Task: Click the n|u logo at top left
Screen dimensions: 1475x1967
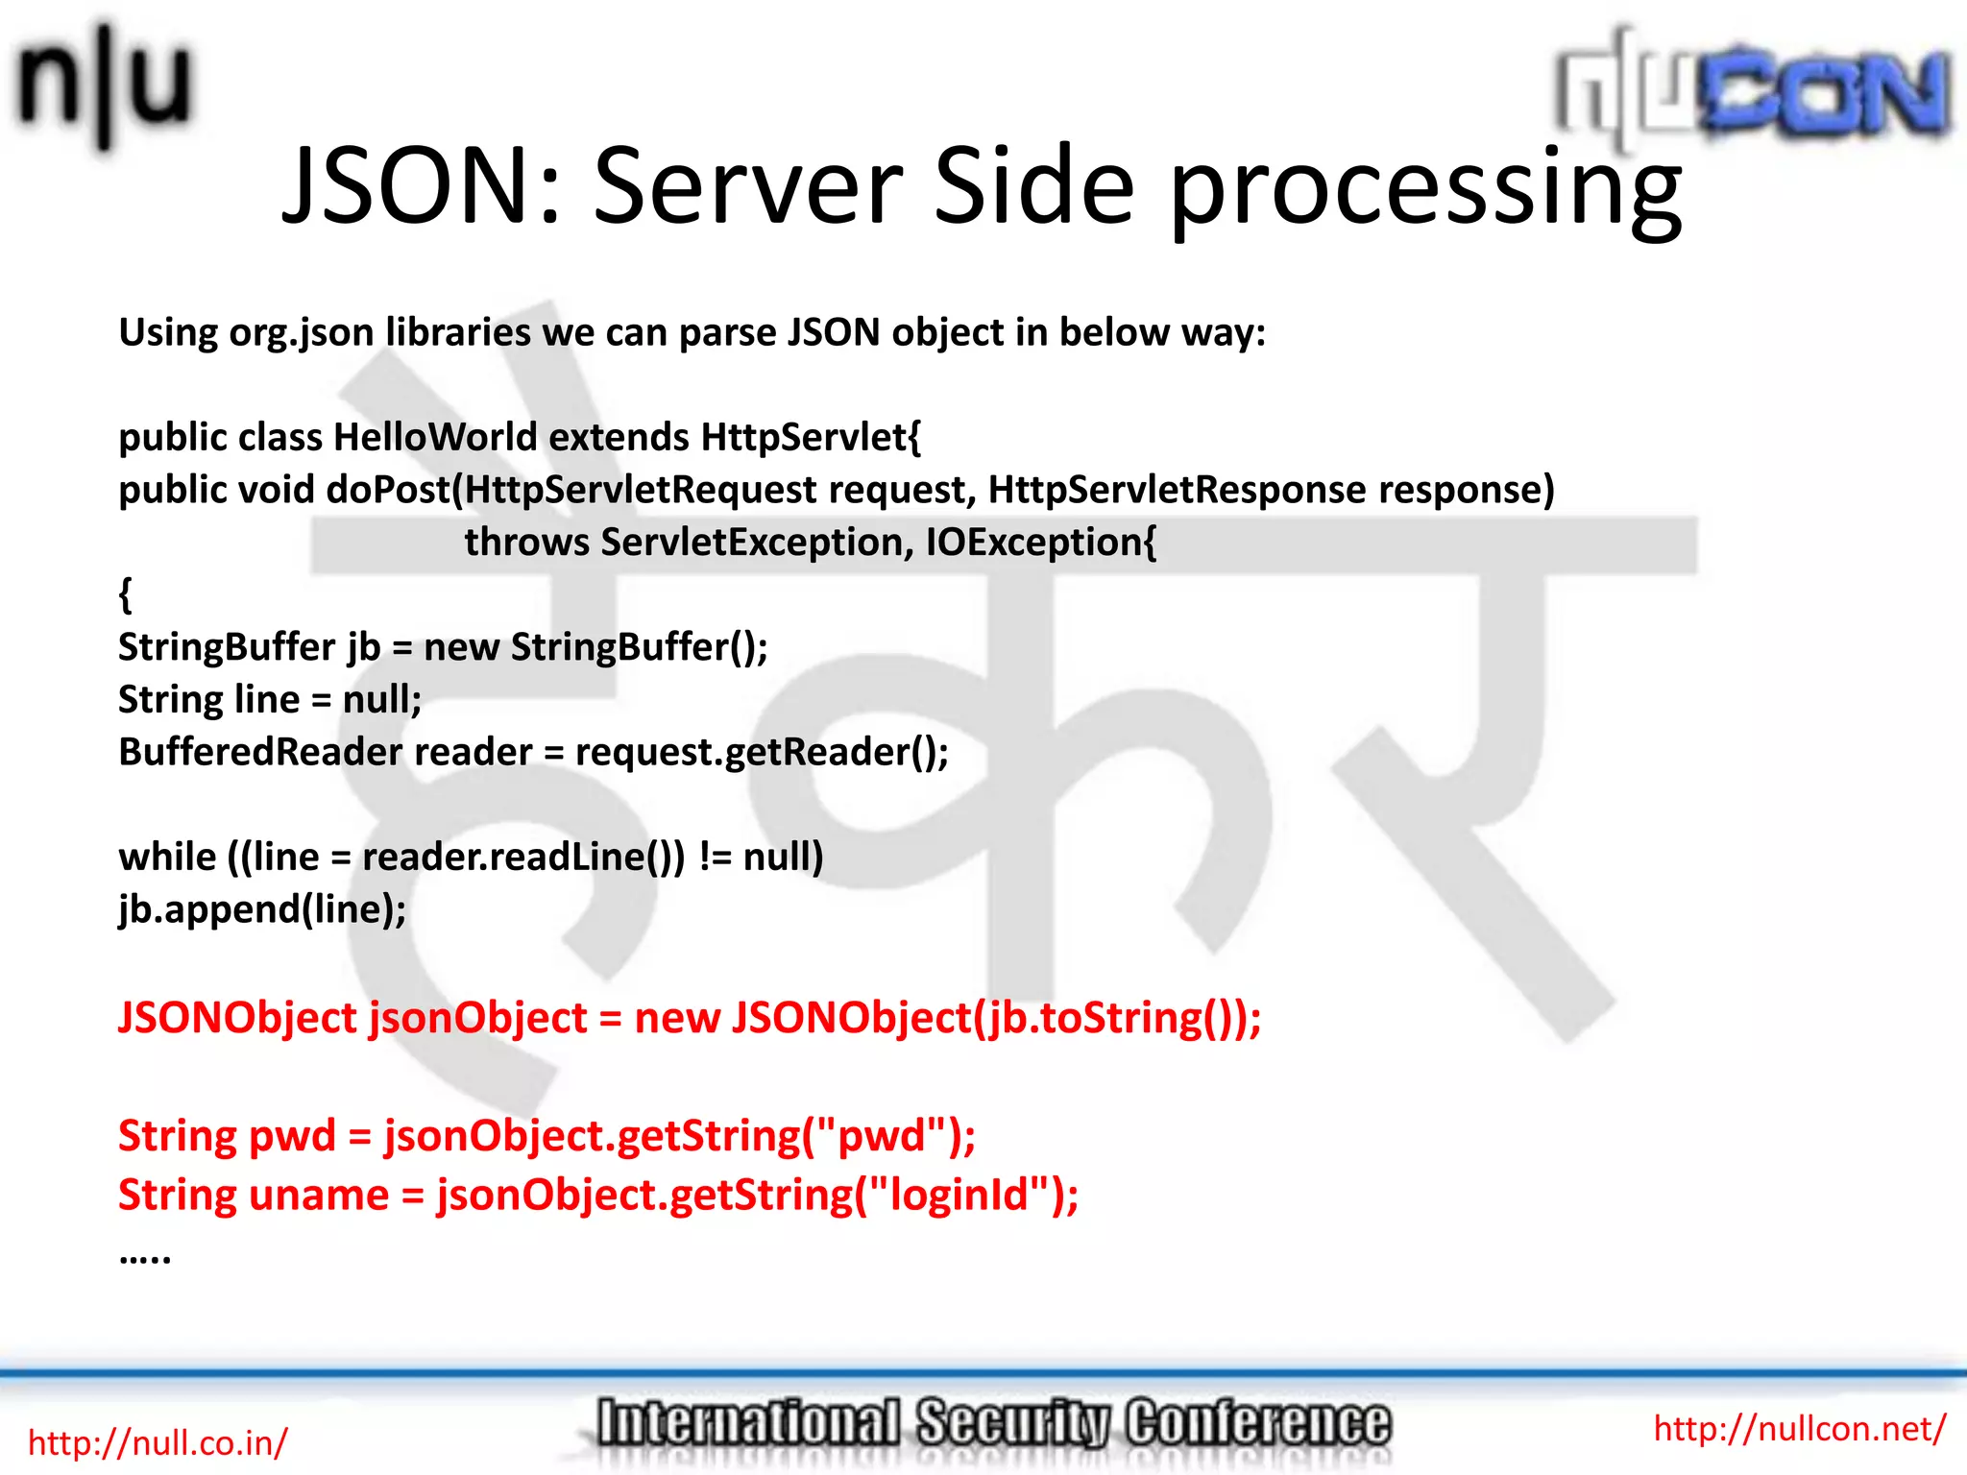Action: pos(104,85)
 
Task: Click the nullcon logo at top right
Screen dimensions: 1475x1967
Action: pos(1753,91)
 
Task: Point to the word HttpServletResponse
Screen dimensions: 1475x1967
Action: pos(1177,490)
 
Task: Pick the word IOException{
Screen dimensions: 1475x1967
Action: pos(1041,543)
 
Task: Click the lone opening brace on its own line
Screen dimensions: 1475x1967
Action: pos(125,594)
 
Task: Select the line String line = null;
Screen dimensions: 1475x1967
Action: pos(270,699)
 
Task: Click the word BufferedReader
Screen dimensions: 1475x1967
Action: pos(260,752)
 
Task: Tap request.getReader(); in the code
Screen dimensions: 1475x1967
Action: pos(762,752)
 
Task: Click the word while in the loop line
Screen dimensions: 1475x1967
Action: pos(167,857)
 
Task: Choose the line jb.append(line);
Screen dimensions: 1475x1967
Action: pos(262,909)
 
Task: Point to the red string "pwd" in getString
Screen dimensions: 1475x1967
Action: pos(884,1136)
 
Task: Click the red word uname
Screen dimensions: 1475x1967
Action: pos(320,1196)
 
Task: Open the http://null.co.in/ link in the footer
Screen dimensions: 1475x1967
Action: pos(158,1442)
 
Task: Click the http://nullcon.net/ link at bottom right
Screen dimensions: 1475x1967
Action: pos(1799,1429)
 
